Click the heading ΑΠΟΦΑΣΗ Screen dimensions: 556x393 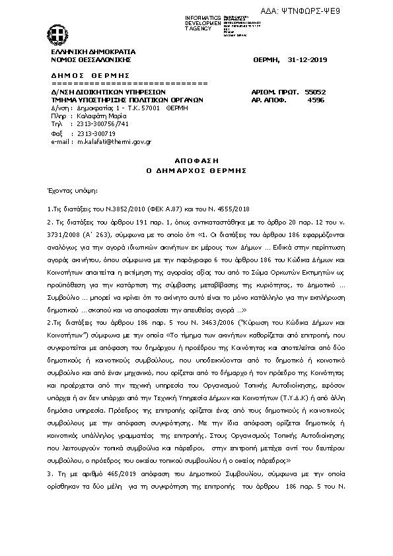pyautogui.click(x=196, y=160)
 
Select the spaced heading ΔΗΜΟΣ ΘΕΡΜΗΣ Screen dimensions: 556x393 pyautogui.click(x=90, y=75)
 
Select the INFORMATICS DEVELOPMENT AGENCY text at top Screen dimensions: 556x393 pyautogui.click(x=203, y=22)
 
